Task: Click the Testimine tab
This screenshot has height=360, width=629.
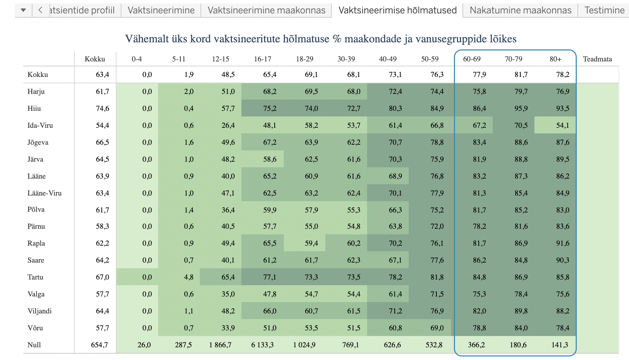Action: point(604,10)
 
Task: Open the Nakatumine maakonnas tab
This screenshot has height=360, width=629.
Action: point(520,10)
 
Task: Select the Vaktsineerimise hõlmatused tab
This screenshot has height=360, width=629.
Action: point(397,10)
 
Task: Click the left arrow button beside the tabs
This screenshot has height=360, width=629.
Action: point(40,10)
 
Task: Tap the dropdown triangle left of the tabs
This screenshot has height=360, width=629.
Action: point(23,10)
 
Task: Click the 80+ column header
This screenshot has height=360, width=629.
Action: point(555,59)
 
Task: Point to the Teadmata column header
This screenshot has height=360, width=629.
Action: point(597,59)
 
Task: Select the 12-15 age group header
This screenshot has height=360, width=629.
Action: point(221,59)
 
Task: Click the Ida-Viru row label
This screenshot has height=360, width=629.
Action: point(40,125)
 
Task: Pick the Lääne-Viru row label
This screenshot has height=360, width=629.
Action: point(44,193)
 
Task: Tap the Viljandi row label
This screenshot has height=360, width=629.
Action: point(40,311)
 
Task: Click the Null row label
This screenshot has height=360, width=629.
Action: point(34,345)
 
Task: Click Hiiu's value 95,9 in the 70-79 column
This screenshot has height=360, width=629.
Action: point(521,108)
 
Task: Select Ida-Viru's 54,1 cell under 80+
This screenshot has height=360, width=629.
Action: point(563,125)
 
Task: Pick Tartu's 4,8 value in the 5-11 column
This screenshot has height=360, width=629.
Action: point(188,277)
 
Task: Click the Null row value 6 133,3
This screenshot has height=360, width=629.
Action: point(262,345)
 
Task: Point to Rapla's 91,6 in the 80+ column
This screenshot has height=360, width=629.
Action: point(563,243)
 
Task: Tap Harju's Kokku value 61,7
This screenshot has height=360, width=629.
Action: point(102,91)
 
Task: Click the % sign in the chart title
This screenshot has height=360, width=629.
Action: point(337,39)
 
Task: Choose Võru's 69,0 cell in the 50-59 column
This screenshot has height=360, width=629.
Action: point(437,328)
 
